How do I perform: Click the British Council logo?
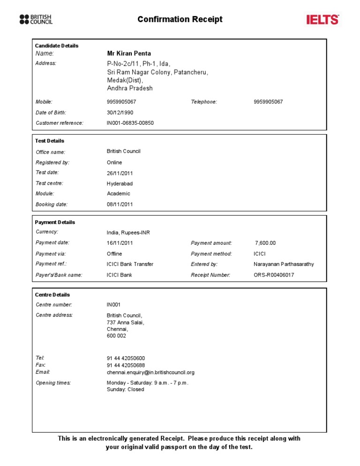click(36, 19)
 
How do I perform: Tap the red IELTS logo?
click(322, 20)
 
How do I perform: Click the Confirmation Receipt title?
click(180, 19)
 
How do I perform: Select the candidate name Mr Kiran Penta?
click(129, 53)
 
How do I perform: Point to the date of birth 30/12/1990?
click(120, 113)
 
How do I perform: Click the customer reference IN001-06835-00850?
click(130, 123)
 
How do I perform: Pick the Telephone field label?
click(204, 102)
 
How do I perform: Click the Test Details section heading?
click(50, 141)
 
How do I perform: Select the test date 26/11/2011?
click(120, 173)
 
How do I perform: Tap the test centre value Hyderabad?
click(120, 184)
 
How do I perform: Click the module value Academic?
click(119, 194)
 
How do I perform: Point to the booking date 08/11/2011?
click(120, 204)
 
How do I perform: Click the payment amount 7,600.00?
click(265, 243)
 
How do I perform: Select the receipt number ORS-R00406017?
click(274, 275)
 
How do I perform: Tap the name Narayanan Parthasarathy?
click(284, 264)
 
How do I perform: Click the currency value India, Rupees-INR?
click(128, 233)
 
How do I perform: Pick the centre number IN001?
click(114, 305)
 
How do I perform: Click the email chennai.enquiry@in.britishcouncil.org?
click(150, 372)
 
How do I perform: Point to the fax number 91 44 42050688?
click(126, 365)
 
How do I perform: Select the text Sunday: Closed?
click(126, 390)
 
